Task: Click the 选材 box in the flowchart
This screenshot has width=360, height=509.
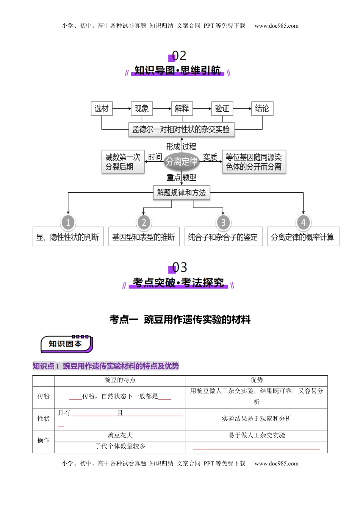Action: click(102, 109)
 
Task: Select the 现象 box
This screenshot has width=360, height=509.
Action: click(142, 109)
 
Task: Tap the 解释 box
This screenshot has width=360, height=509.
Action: click(182, 109)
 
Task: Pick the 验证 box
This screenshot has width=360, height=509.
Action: click(222, 109)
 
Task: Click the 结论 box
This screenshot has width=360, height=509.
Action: click(262, 109)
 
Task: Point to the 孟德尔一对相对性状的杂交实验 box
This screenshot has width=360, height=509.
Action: click(181, 130)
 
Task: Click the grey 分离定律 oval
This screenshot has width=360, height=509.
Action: click(182, 162)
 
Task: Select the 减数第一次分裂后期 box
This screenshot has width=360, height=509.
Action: click(123, 162)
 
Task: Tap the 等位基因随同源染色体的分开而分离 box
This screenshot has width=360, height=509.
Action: click(254, 162)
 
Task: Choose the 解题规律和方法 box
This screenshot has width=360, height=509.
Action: click(182, 193)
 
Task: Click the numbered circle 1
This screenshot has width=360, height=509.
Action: click(68, 222)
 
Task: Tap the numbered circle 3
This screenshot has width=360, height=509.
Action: click(223, 222)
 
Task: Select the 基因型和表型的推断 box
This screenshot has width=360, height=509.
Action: click(144, 237)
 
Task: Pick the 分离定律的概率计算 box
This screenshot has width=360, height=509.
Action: click(303, 237)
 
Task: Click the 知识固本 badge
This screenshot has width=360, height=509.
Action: click(66, 344)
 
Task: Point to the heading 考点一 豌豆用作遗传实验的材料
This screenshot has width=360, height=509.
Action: click(180, 320)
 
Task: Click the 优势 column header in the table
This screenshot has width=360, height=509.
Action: click(257, 380)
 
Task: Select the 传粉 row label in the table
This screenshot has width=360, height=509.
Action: click(44, 396)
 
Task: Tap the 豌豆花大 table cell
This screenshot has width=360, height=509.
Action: click(120, 436)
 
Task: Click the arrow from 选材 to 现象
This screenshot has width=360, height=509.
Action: click(121, 109)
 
